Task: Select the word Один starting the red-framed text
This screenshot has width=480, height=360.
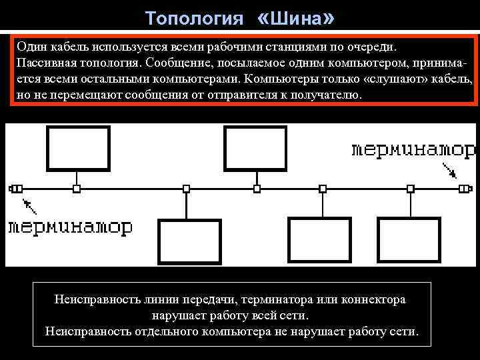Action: (x=30, y=47)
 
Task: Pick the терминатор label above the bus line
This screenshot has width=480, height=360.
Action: (x=413, y=149)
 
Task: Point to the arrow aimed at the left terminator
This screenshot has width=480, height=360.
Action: (x=29, y=203)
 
